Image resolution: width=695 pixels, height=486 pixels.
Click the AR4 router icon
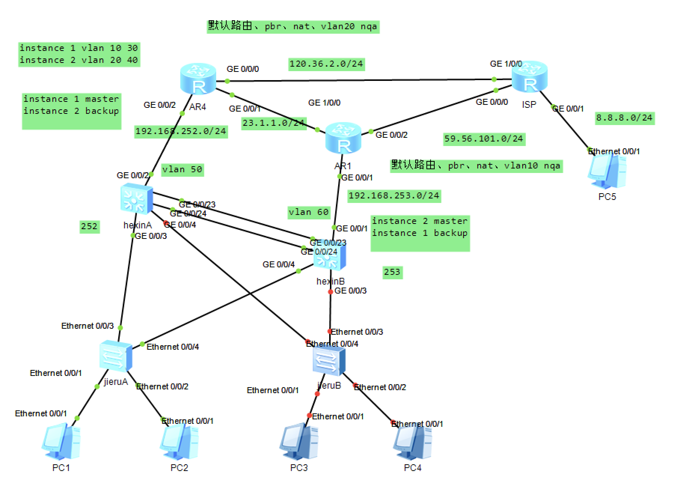(198, 79)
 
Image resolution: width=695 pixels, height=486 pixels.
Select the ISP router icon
(529, 77)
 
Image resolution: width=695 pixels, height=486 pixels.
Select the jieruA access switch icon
(116, 355)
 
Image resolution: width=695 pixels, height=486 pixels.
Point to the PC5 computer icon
(607, 172)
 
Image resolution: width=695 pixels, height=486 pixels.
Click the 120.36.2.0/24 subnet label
(326, 64)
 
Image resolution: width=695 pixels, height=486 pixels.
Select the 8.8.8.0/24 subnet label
(624, 118)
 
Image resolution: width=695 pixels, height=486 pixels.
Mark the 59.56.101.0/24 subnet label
(483, 139)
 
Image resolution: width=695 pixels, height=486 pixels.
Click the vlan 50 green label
(182, 170)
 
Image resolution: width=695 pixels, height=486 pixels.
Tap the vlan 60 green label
(309, 212)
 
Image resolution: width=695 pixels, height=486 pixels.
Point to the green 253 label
(392, 272)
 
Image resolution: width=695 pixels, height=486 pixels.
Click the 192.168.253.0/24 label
(394, 196)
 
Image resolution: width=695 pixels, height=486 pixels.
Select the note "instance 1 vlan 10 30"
(79, 48)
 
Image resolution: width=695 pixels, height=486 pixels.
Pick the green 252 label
(89, 227)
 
